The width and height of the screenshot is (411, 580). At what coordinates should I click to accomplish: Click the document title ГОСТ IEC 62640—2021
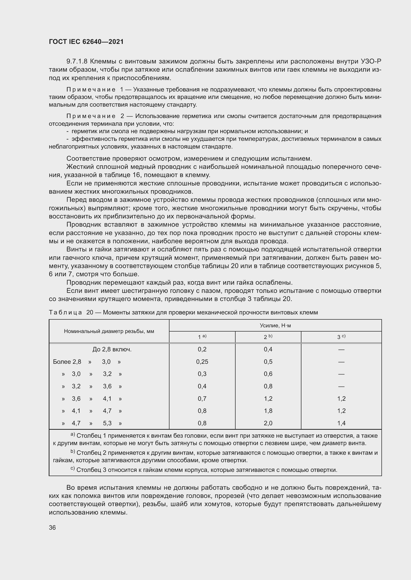86,42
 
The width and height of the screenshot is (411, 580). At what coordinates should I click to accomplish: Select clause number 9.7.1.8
77,61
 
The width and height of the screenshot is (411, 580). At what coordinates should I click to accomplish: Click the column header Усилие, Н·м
275,325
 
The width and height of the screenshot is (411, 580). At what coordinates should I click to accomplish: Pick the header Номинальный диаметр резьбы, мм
109,331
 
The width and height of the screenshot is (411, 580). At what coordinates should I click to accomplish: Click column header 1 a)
202,337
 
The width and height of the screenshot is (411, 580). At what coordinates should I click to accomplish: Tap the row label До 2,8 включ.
112,350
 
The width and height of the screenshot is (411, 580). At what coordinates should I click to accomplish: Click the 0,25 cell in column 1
202,362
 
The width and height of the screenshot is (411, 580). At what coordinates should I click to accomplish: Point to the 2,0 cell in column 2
268,423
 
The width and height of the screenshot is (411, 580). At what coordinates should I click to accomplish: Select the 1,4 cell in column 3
341,423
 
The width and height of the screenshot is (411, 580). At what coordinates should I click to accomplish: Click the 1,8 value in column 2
268,411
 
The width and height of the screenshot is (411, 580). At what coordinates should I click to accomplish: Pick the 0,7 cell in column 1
202,399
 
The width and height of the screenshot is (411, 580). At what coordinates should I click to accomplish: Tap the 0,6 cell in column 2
268,374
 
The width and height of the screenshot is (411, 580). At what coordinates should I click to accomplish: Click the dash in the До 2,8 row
341,350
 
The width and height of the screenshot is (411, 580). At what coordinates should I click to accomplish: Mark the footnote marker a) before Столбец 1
73,434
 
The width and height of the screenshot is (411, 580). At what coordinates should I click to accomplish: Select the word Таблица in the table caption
65,312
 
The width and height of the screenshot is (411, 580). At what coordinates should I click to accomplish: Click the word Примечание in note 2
91,116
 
